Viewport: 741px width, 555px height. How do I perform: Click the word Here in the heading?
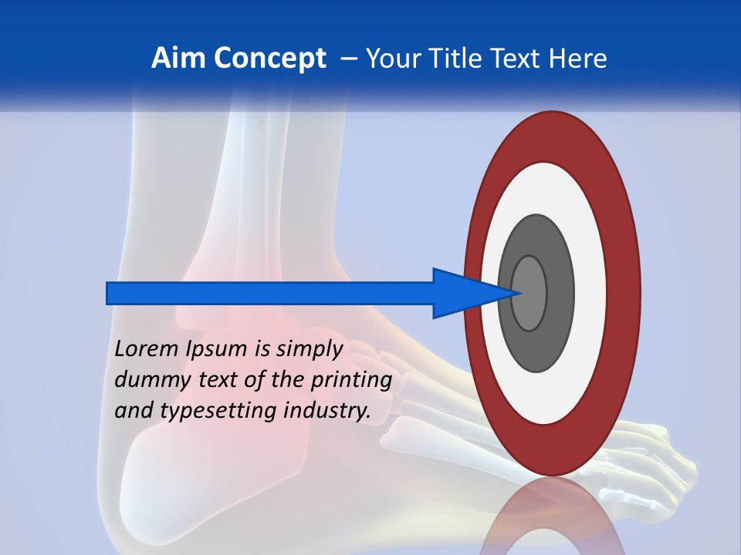pyautogui.click(x=577, y=59)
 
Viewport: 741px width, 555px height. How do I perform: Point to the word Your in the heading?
pyautogui.click(x=392, y=59)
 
